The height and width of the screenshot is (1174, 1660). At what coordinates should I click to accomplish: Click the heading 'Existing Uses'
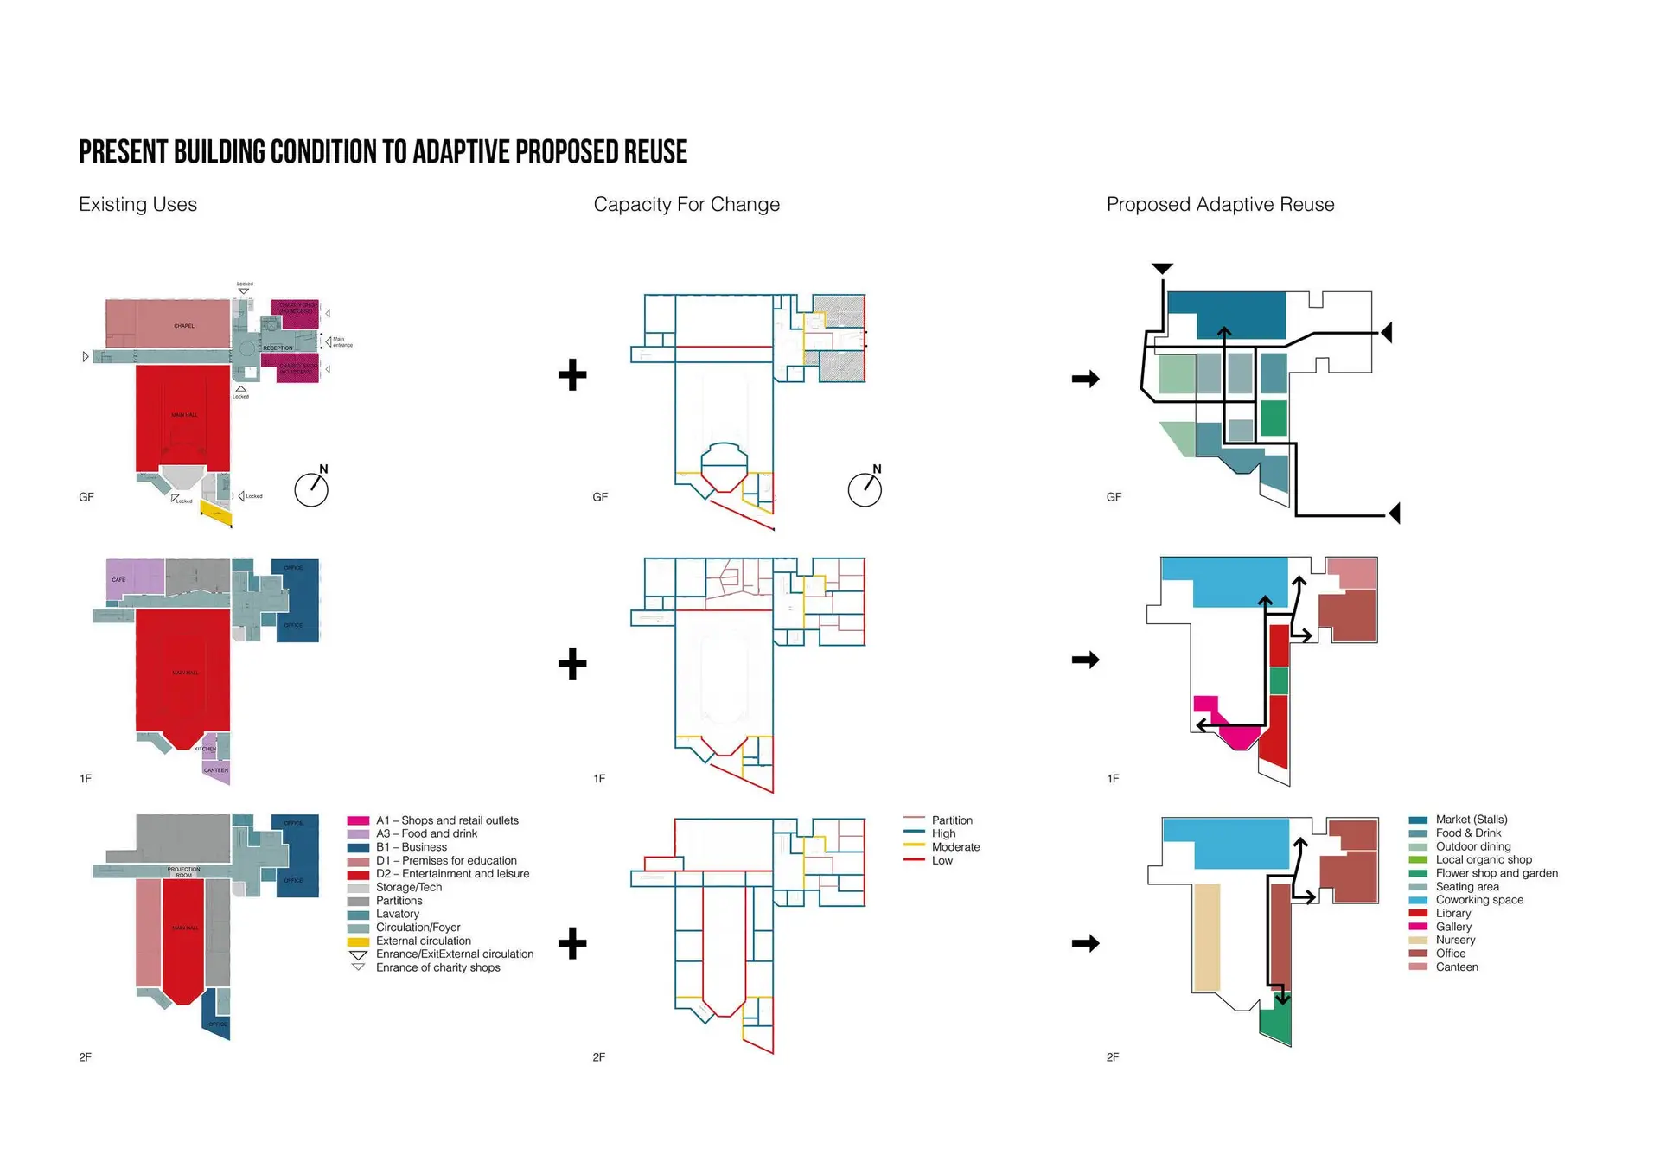pyautogui.click(x=137, y=205)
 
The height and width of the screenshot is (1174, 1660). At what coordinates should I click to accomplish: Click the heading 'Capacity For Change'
pyautogui.click(x=686, y=205)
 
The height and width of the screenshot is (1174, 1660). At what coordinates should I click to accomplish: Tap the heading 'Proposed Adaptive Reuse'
pyautogui.click(x=1220, y=205)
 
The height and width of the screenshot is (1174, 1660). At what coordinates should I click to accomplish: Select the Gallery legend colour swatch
pyautogui.click(x=1418, y=927)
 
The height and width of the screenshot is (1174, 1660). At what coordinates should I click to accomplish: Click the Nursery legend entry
pyautogui.click(x=1455, y=941)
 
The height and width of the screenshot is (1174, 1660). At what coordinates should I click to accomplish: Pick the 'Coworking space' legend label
pyautogui.click(x=1479, y=900)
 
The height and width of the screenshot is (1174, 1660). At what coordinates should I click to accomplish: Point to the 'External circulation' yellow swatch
pyautogui.click(x=358, y=941)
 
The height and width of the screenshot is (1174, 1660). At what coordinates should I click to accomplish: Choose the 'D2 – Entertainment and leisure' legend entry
pyautogui.click(x=452, y=874)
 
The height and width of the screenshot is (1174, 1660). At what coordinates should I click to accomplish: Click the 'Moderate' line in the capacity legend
pyautogui.click(x=914, y=846)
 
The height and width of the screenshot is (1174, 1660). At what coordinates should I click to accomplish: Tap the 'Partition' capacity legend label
pyautogui.click(x=952, y=820)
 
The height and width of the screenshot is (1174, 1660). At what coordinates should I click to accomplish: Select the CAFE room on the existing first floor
pyautogui.click(x=134, y=576)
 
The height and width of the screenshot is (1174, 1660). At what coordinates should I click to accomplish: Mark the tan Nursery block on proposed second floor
pyautogui.click(x=1207, y=937)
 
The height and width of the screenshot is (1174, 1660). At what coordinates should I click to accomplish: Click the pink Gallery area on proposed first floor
pyautogui.click(x=1238, y=735)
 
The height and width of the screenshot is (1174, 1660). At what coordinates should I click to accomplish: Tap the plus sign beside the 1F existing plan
pyautogui.click(x=572, y=663)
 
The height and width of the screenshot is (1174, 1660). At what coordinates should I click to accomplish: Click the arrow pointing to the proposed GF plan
pyautogui.click(x=1085, y=379)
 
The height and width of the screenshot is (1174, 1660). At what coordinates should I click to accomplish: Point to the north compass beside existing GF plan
pyautogui.click(x=311, y=489)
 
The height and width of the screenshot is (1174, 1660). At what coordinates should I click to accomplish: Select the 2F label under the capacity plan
pyautogui.click(x=599, y=1057)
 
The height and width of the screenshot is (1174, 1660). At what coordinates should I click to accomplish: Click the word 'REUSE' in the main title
pyautogui.click(x=655, y=152)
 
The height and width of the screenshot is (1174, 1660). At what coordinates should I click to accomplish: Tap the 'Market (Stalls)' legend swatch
pyautogui.click(x=1418, y=820)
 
